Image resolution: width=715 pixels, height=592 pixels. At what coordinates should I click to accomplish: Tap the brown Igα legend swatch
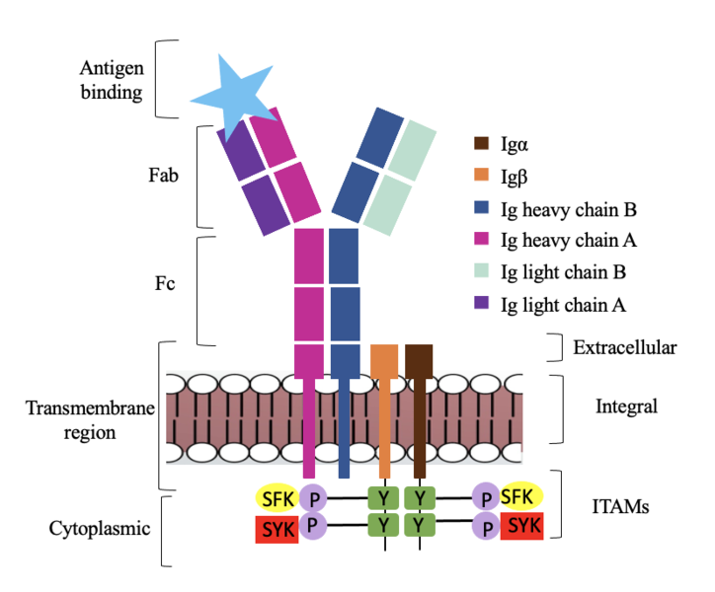click(x=481, y=145)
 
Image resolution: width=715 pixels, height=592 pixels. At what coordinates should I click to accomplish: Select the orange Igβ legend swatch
click(x=481, y=177)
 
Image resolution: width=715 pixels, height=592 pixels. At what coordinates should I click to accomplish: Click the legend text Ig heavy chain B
click(x=567, y=208)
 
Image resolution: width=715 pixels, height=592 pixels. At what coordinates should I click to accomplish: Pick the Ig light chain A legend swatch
click(x=481, y=304)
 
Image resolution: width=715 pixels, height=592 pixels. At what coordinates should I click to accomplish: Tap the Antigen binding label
click(x=112, y=82)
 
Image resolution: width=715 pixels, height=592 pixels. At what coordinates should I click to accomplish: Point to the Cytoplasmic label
click(x=100, y=529)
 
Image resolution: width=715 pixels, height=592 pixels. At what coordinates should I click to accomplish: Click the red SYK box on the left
click(x=278, y=530)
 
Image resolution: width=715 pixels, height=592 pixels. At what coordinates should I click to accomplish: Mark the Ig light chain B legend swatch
click(x=481, y=271)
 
